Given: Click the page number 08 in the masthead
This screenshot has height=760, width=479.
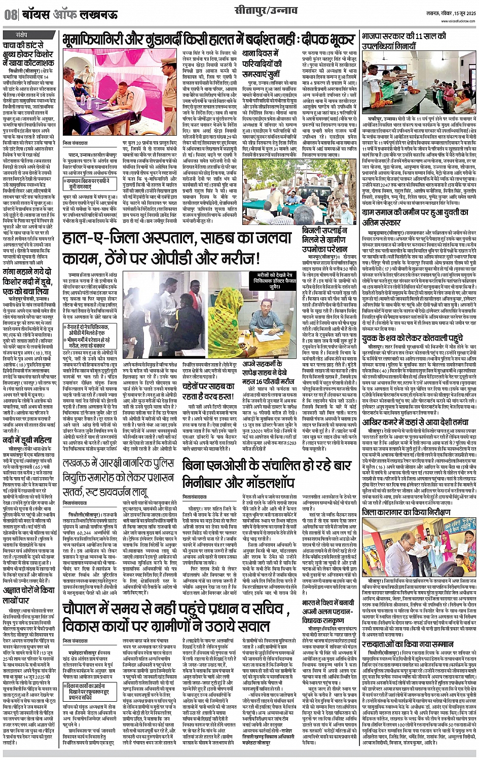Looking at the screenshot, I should coord(11,15).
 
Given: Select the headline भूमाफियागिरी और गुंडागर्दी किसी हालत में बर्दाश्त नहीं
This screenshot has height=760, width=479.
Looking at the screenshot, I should coord(208,40).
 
